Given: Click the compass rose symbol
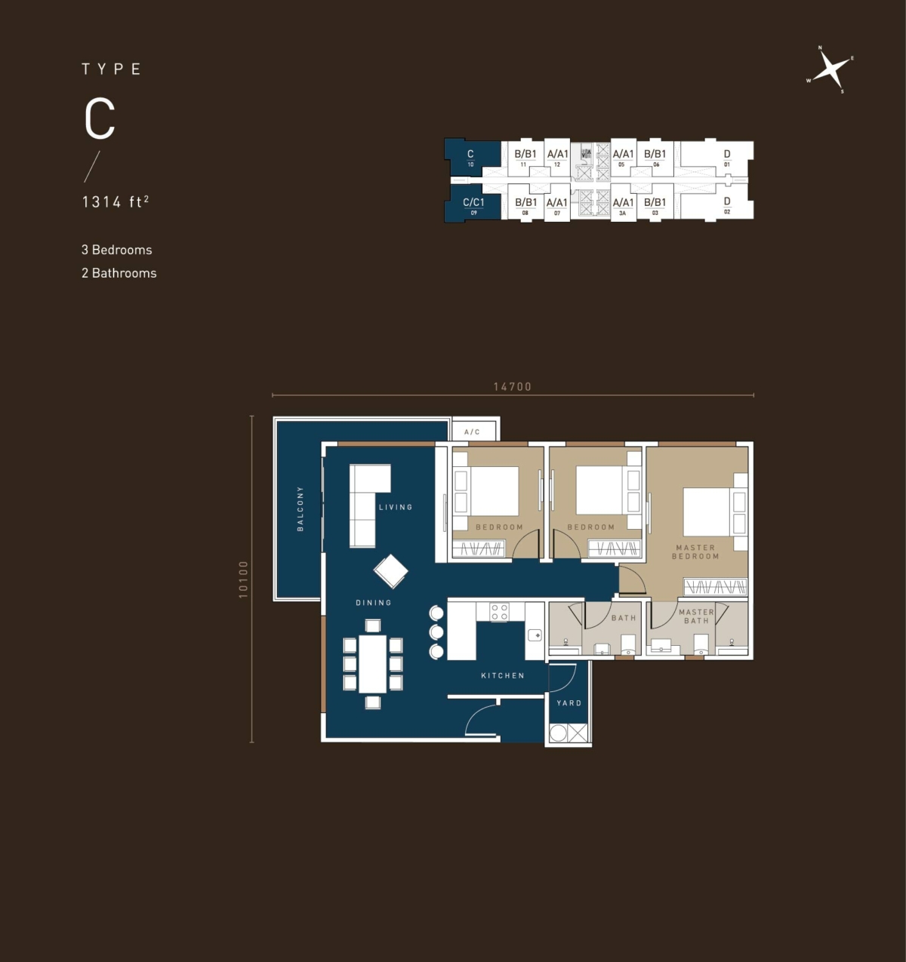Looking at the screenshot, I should (x=830, y=70).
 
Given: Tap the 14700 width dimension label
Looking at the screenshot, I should (x=512, y=386).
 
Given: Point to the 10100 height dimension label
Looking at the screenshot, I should (x=243, y=579).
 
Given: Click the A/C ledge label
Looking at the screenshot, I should (x=472, y=432).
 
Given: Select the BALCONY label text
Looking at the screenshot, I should (x=300, y=509).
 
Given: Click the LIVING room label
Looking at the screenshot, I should (x=396, y=507).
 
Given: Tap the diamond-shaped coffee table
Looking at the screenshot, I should (x=390, y=571).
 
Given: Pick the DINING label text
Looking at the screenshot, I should (x=374, y=603).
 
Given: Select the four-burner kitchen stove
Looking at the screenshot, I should (x=499, y=612).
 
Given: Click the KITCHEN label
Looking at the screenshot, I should (x=503, y=675).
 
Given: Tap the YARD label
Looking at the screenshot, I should (x=569, y=703).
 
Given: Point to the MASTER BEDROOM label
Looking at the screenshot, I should (x=695, y=552).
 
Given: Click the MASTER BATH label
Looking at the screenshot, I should (x=696, y=616).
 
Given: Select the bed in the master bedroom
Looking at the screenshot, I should (x=707, y=512).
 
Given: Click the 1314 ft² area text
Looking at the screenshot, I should (x=115, y=201).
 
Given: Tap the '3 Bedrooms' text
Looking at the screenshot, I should (x=117, y=250).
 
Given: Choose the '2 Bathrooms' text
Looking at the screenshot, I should (x=119, y=273).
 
